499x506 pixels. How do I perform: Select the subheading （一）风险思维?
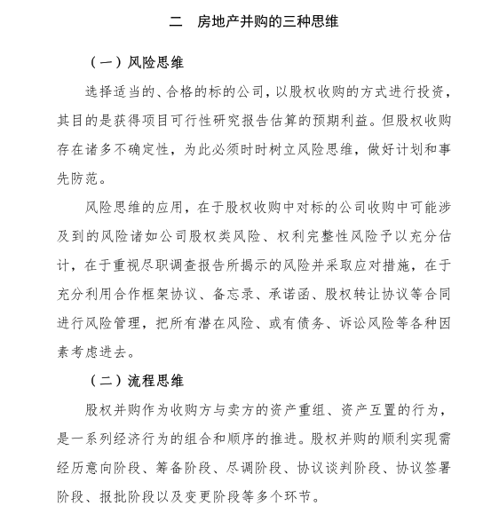(138, 64)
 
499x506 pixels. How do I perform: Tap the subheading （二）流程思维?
(138, 381)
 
